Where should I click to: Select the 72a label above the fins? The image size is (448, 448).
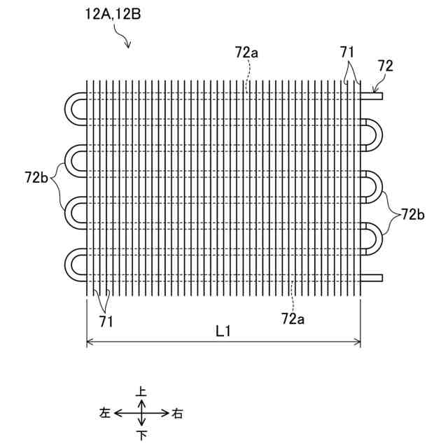[x=247, y=52]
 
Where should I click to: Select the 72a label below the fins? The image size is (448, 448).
[x=293, y=319]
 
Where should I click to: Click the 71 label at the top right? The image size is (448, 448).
[x=347, y=52]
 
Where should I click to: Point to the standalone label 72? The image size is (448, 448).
[x=385, y=66]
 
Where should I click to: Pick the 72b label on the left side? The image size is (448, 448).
[x=36, y=178]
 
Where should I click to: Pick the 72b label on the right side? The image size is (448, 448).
[x=412, y=215]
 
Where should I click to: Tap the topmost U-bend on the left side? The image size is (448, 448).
[x=73, y=108]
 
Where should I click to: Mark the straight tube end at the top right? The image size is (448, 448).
[x=372, y=97]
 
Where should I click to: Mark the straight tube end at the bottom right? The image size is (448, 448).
[x=372, y=277]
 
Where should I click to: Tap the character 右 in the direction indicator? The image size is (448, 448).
[x=177, y=414]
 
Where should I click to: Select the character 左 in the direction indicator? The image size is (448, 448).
[x=106, y=414]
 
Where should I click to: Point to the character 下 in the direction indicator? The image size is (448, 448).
[x=142, y=435]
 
